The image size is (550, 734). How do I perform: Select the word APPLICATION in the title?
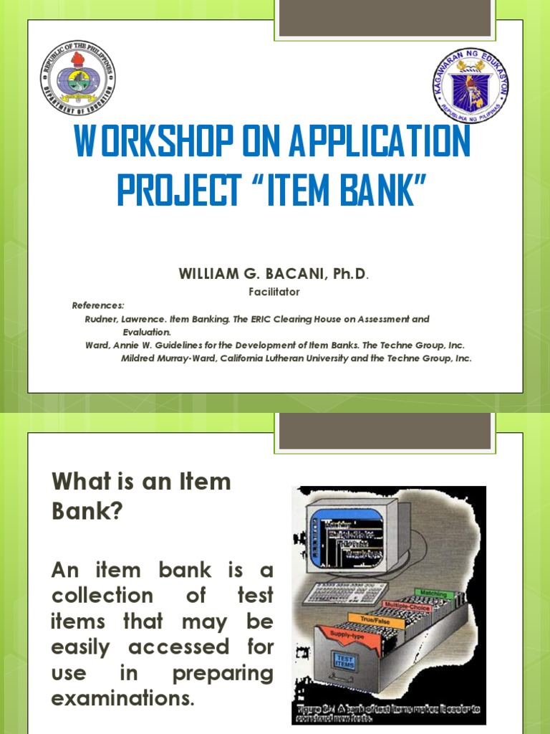point(380,143)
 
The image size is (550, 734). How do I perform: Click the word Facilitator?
point(274,292)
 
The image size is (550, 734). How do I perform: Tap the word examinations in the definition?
point(123,699)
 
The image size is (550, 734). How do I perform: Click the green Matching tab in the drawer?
point(431,594)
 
